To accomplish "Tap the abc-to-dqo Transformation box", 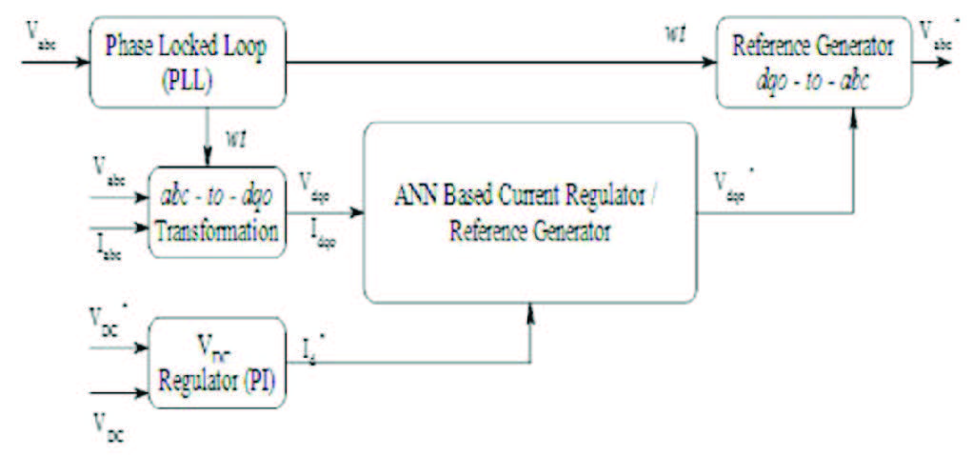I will tap(217, 211).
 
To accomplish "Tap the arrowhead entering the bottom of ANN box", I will tap(529, 311).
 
